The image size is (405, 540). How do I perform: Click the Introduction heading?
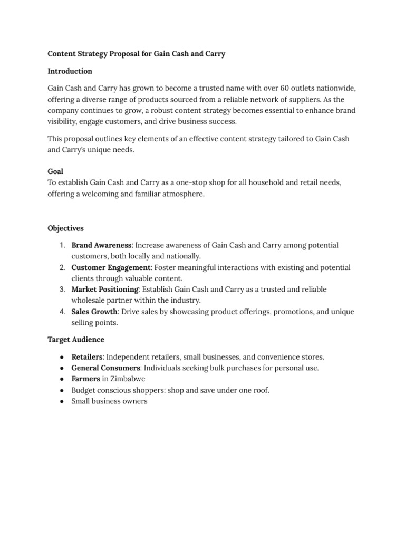pos(70,71)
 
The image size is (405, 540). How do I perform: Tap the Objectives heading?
pos(65,228)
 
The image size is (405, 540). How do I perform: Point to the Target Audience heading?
pos(75,339)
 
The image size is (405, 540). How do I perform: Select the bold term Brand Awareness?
pos(101,245)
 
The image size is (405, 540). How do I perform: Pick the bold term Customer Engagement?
pos(111,267)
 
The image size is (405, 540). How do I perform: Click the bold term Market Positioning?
pos(105,290)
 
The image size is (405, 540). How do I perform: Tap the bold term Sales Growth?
pos(94,312)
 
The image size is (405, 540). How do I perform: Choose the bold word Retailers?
pos(86,356)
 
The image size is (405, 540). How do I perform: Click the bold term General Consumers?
pos(105,368)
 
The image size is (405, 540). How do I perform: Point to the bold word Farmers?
pos(85,379)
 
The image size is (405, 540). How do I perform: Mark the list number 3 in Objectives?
pos(62,290)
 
